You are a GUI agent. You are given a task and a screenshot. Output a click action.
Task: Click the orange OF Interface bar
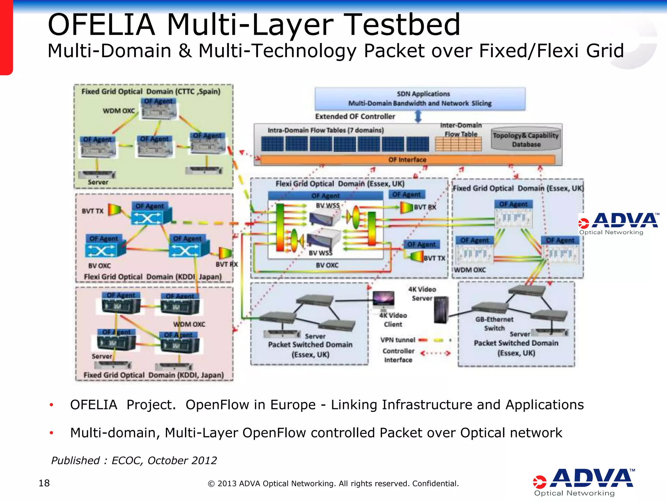point(407,159)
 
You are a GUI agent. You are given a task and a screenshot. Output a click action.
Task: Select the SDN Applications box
point(420,99)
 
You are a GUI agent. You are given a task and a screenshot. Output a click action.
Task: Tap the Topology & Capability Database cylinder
point(526,140)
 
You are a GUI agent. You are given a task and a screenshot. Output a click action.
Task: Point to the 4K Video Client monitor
point(383,299)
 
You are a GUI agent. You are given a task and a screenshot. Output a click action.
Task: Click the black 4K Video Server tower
point(441,310)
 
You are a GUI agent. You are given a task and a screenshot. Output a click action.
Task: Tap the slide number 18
point(44,483)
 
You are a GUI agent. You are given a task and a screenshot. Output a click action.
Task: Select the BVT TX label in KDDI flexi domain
point(92,211)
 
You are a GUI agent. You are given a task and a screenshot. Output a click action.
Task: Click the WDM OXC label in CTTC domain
point(119,111)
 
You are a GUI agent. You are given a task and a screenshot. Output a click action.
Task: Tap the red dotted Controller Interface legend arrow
point(435,353)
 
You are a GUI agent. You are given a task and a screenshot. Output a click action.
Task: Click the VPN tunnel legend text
point(398,340)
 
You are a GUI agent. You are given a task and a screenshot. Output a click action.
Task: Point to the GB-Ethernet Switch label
point(494,324)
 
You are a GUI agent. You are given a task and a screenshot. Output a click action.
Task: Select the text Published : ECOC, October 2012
point(134,460)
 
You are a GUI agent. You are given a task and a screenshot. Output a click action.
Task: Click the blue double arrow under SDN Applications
point(418,116)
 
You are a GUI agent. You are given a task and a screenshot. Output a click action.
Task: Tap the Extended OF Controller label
point(355,116)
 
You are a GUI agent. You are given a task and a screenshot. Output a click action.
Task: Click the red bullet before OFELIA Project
point(51,405)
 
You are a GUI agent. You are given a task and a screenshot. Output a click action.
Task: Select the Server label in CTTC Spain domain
point(98,182)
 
